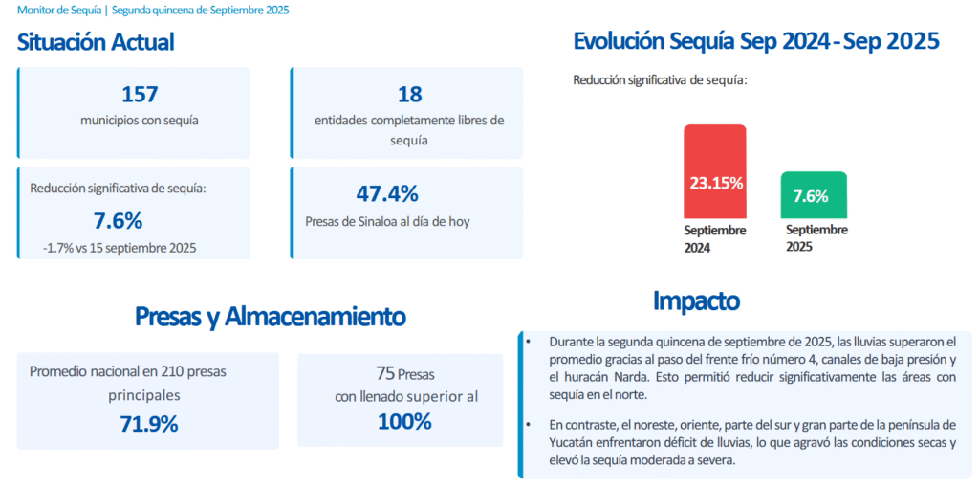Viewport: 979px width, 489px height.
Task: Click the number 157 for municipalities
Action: point(140,94)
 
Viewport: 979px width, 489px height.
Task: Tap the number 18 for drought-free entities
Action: point(409,94)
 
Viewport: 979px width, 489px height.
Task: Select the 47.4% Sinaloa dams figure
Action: point(387,193)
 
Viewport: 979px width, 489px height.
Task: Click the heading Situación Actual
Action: point(96,42)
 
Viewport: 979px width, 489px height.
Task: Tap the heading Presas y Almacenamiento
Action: point(270,317)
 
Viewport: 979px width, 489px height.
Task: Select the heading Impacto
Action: point(696,300)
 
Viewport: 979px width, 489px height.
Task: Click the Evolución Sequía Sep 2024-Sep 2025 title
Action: point(755,41)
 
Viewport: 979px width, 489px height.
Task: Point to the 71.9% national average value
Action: point(149,424)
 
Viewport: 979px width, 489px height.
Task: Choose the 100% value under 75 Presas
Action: point(404,421)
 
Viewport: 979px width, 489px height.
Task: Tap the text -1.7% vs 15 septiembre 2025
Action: point(120,247)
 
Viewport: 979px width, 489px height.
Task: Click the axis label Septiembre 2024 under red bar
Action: point(714,239)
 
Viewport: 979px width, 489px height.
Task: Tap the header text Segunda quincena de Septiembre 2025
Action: point(200,10)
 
